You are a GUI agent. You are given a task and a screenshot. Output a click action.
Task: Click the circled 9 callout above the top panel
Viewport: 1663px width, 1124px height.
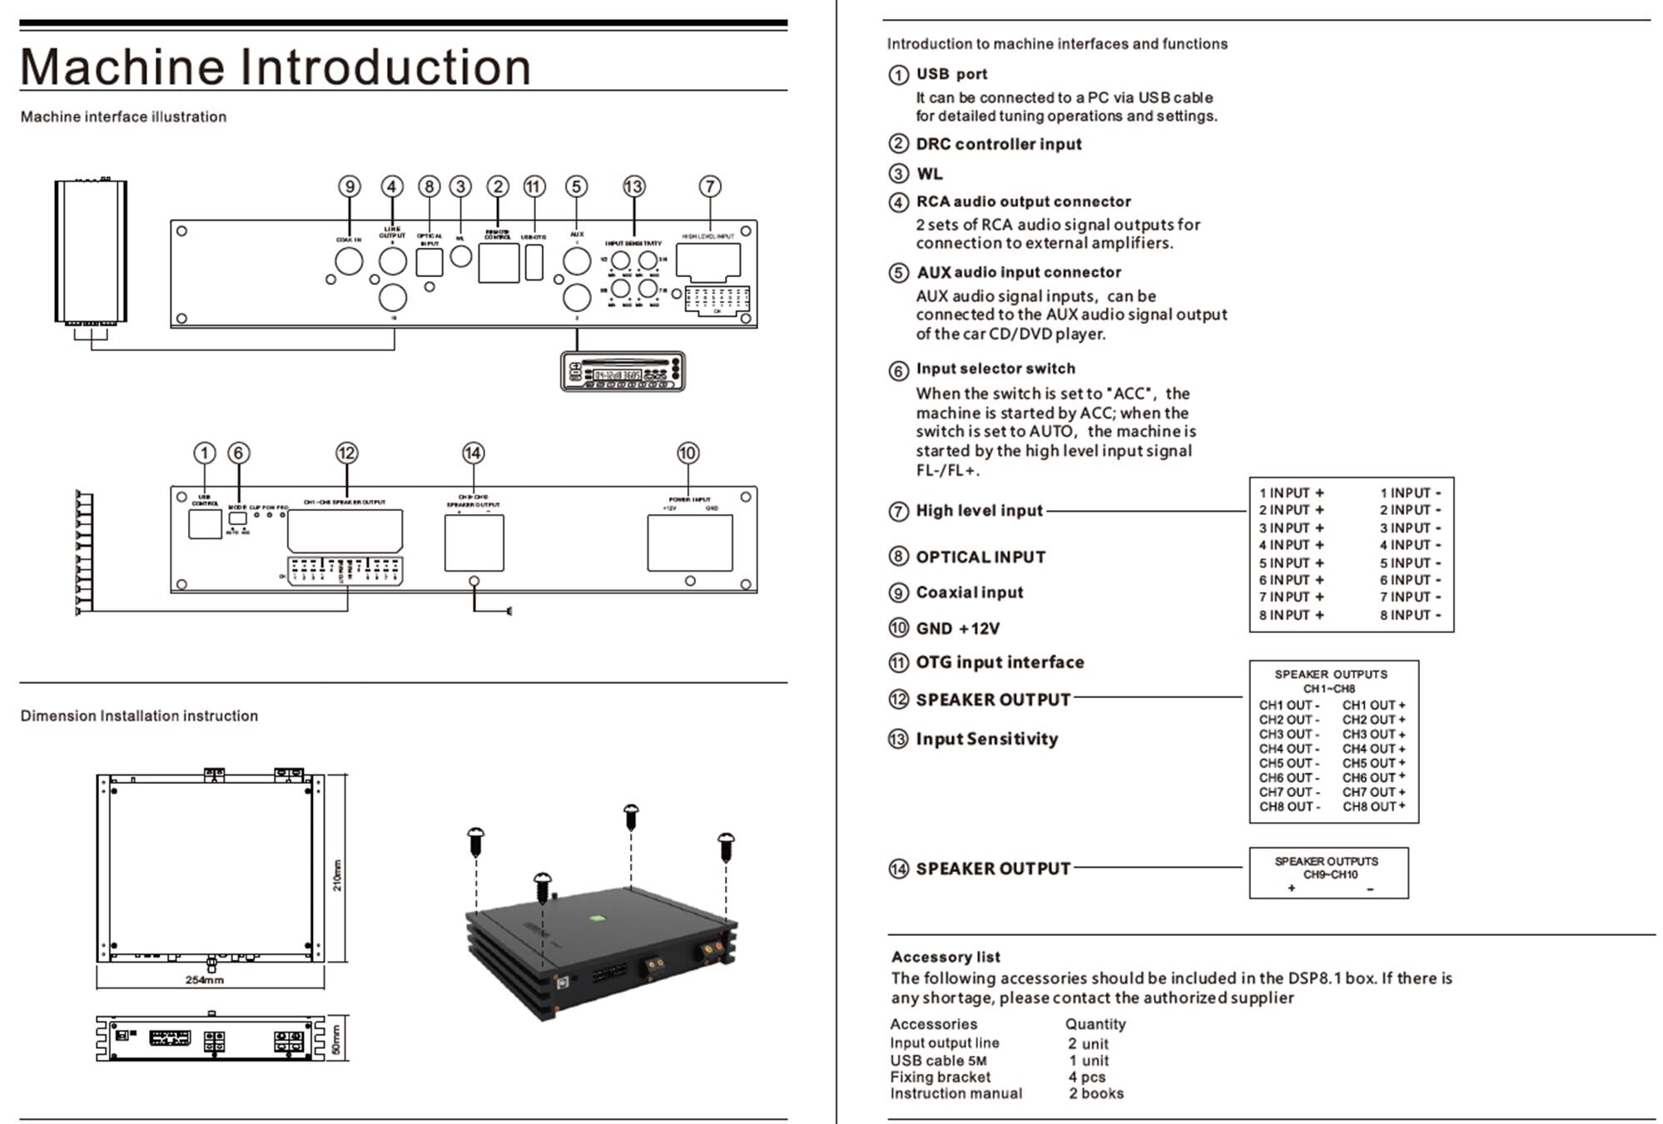(350, 186)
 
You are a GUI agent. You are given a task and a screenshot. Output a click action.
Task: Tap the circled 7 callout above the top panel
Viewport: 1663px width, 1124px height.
(709, 186)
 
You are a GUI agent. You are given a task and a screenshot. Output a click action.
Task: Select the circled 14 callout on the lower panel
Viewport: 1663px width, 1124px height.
(473, 453)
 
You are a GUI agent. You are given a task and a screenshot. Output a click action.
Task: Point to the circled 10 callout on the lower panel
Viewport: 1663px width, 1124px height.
(688, 453)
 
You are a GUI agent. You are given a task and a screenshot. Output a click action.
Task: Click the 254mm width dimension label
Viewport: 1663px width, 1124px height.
(204, 980)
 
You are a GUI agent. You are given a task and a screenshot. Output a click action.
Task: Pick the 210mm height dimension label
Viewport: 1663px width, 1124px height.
(337, 875)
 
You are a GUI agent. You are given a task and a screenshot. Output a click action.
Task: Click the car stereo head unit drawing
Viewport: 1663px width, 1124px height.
(623, 371)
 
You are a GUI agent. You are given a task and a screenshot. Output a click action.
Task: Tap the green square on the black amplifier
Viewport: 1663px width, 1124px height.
(596, 919)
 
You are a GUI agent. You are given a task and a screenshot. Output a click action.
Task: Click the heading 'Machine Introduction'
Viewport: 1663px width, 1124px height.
(276, 67)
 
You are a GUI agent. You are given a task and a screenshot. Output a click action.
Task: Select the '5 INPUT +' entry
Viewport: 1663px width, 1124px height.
(1291, 562)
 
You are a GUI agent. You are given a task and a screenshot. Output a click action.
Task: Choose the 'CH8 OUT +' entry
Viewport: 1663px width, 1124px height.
(1373, 806)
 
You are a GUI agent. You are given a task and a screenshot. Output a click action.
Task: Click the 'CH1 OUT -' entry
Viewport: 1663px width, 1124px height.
(1289, 705)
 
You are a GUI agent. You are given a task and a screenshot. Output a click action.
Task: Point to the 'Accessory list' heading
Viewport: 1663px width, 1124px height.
(946, 957)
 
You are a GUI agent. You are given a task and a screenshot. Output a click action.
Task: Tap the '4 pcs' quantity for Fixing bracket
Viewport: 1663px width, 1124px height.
(1087, 1077)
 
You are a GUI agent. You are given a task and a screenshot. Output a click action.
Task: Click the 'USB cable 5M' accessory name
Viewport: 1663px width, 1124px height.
(938, 1060)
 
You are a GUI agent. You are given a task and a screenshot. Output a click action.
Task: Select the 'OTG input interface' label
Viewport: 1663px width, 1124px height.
(1000, 662)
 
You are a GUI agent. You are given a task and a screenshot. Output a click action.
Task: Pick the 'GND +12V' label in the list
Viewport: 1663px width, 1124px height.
(957, 628)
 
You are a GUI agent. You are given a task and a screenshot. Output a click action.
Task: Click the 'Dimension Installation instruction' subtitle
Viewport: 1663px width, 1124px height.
(139, 715)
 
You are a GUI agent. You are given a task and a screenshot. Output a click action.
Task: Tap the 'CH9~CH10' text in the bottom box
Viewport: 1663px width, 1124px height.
(1330, 874)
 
